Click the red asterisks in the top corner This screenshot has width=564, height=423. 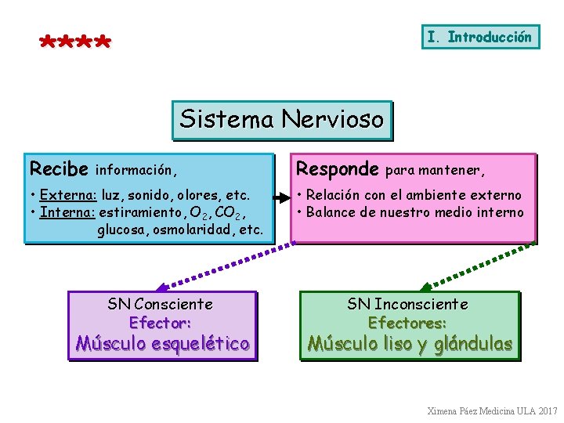[x=75, y=42]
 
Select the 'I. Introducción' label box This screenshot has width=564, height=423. [x=480, y=37]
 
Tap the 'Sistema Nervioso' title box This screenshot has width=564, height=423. [x=282, y=120]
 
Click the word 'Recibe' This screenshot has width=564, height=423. [x=58, y=169]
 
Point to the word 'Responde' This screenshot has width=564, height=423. [x=337, y=169]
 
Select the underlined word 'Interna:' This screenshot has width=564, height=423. [x=67, y=212]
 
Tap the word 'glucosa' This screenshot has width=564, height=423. [x=122, y=230]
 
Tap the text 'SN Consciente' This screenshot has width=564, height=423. [x=161, y=304]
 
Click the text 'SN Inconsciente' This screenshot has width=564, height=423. [x=407, y=304]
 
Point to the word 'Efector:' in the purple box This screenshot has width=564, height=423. [x=161, y=322]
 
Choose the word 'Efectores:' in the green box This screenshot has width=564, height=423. [x=407, y=322]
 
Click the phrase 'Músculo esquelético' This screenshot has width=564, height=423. [x=162, y=343]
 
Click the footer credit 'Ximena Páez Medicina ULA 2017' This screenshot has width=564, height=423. [x=492, y=410]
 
